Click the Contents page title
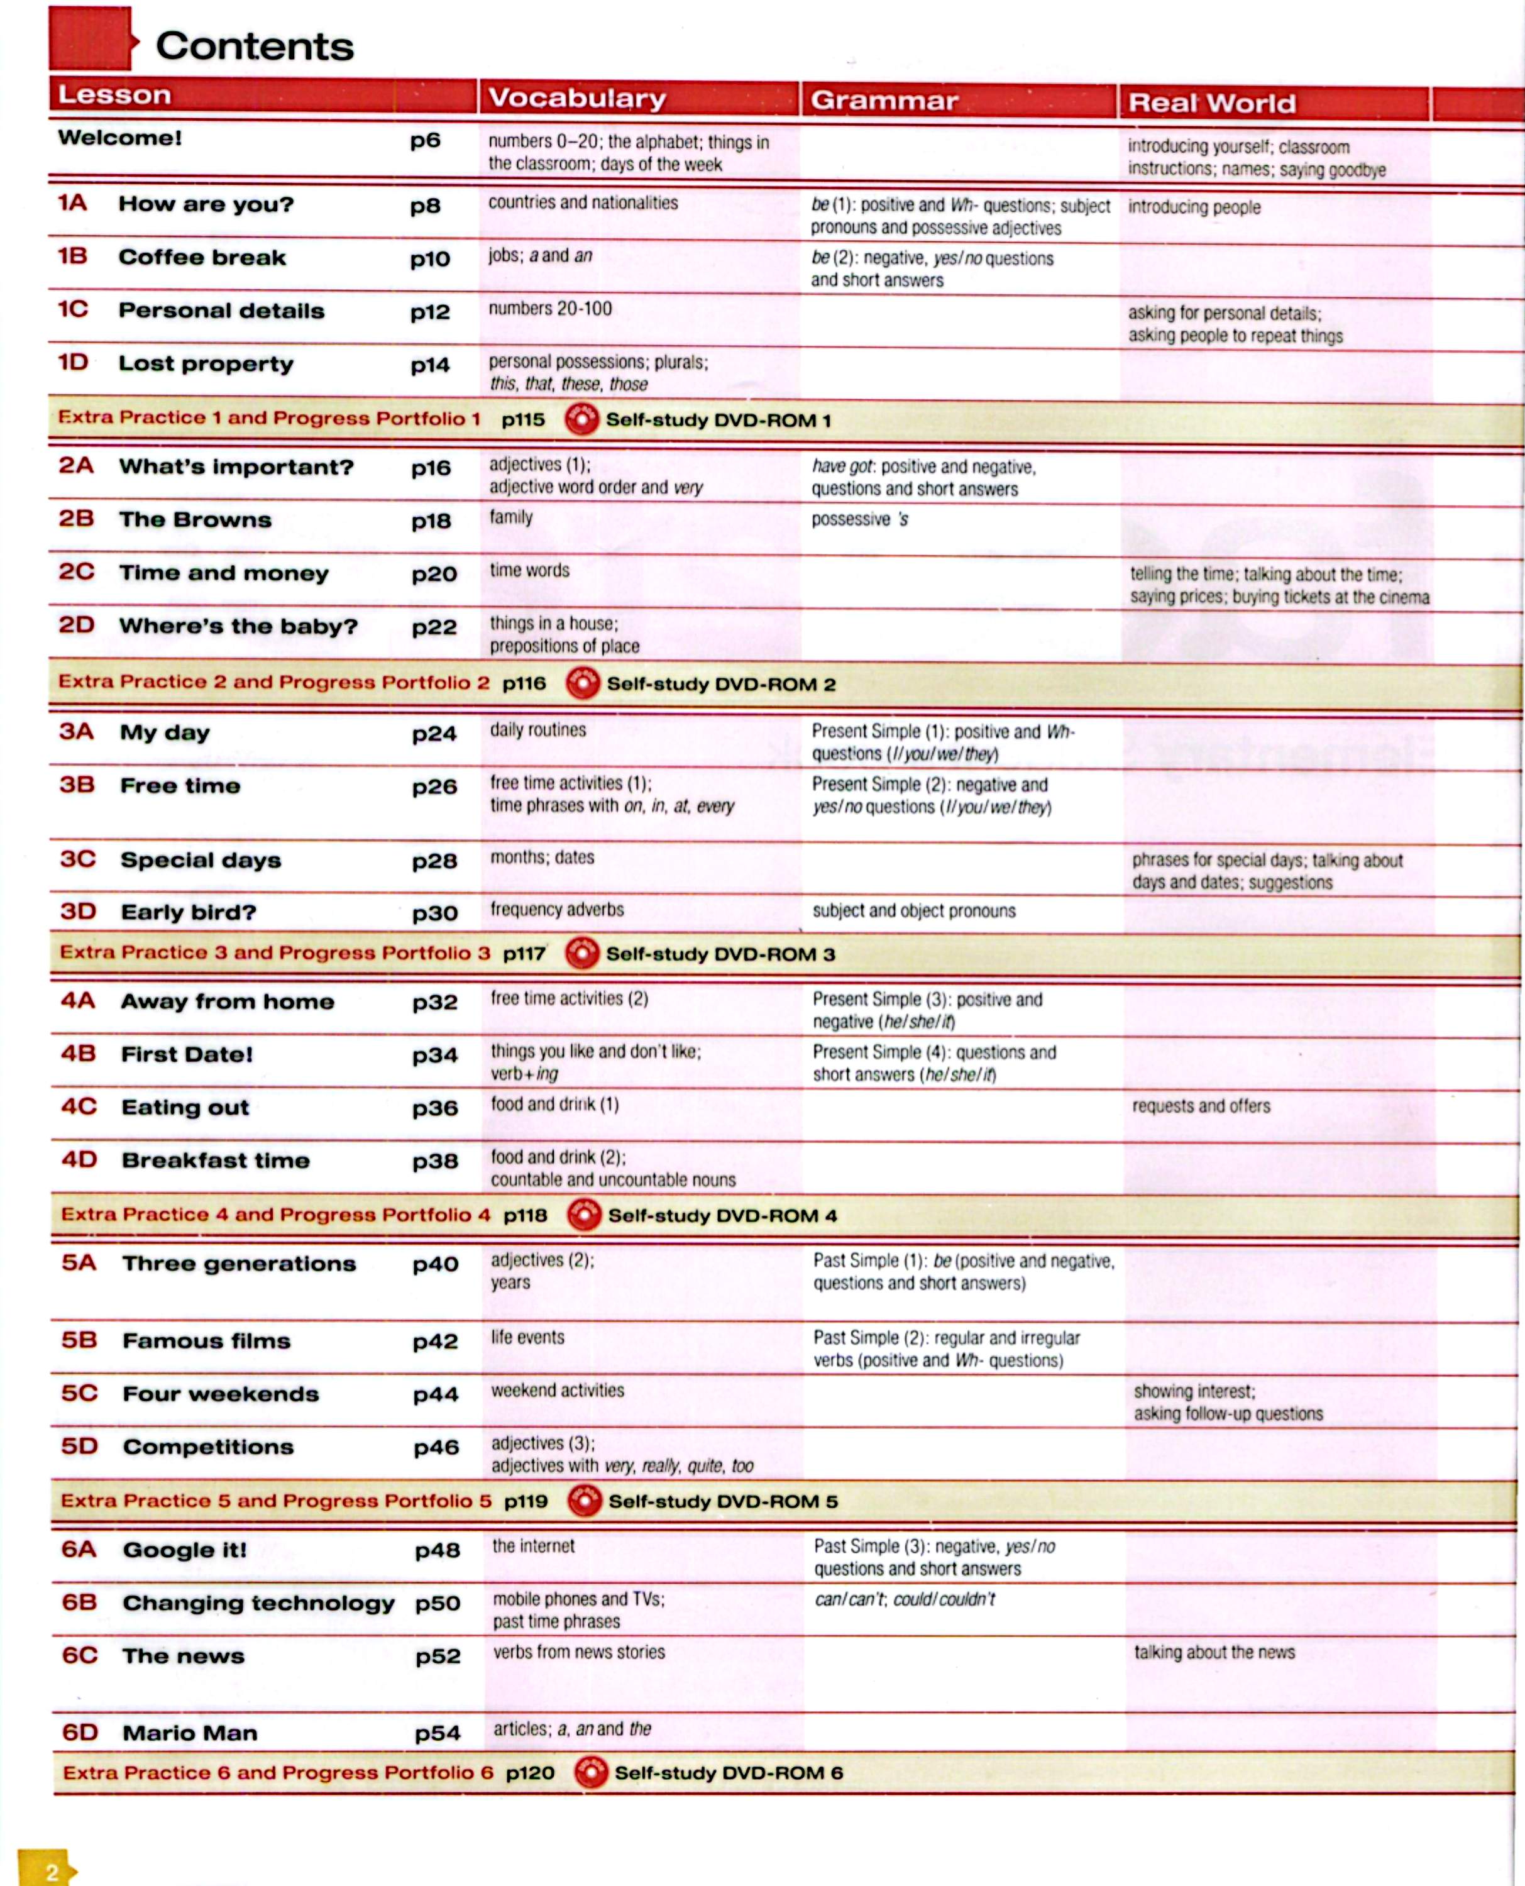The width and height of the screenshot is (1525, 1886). click(255, 47)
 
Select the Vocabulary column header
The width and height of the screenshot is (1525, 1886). click(577, 97)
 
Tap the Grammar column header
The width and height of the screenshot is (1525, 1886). click(884, 100)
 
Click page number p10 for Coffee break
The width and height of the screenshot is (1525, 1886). click(429, 259)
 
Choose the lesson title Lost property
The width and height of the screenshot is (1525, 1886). click(206, 363)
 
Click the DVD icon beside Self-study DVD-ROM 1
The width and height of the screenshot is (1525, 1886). click(581, 420)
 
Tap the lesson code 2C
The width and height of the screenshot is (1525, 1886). click(77, 572)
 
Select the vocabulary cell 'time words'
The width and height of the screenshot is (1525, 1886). click(530, 571)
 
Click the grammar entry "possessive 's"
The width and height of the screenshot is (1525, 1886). click(859, 519)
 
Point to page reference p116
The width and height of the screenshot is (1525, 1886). click(524, 683)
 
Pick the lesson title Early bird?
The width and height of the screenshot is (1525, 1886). click(188, 913)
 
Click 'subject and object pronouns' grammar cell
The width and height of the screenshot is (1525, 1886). click(913, 911)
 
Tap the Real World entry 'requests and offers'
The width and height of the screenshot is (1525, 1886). click(1201, 1106)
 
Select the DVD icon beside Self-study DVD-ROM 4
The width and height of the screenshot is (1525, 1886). click(584, 1216)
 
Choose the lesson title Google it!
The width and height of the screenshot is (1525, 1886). click(184, 1550)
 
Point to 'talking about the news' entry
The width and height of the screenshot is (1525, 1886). click(1214, 1652)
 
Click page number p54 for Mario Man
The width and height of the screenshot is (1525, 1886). click(438, 1733)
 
